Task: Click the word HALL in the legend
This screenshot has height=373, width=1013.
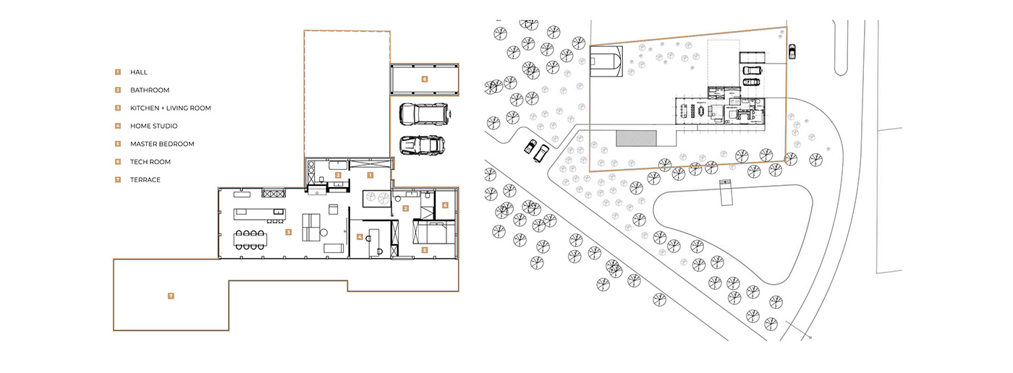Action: click(x=139, y=72)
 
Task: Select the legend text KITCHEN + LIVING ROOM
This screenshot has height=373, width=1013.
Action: click(x=170, y=108)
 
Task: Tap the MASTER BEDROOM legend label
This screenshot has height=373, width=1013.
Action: click(x=162, y=144)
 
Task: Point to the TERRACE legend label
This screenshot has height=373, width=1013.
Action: click(x=145, y=179)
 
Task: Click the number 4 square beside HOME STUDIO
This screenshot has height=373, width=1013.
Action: click(x=116, y=126)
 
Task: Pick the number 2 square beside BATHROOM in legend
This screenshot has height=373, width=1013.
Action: click(x=116, y=90)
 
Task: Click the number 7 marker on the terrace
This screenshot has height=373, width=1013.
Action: click(x=171, y=295)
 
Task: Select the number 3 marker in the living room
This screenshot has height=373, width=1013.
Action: click(x=288, y=232)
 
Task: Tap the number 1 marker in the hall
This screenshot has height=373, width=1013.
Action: click(x=370, y=175)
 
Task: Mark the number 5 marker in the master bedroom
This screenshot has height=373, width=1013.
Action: click(x=425, y=250)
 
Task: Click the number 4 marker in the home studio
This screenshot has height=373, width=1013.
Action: click(x=360, y=236)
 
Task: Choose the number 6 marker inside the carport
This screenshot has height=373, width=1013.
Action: click(x=425, y=79)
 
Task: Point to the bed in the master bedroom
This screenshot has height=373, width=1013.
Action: click(x=432, y=232)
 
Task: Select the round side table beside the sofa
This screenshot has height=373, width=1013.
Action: click(x=324, y=232)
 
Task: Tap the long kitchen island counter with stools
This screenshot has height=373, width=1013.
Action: click(x=256, y=214)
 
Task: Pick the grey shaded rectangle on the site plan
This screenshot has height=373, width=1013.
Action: click(x=636, y=137)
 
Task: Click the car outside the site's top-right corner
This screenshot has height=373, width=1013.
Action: click(x=792, y=51)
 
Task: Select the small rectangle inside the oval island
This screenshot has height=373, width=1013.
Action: click(x=726, y=192)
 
